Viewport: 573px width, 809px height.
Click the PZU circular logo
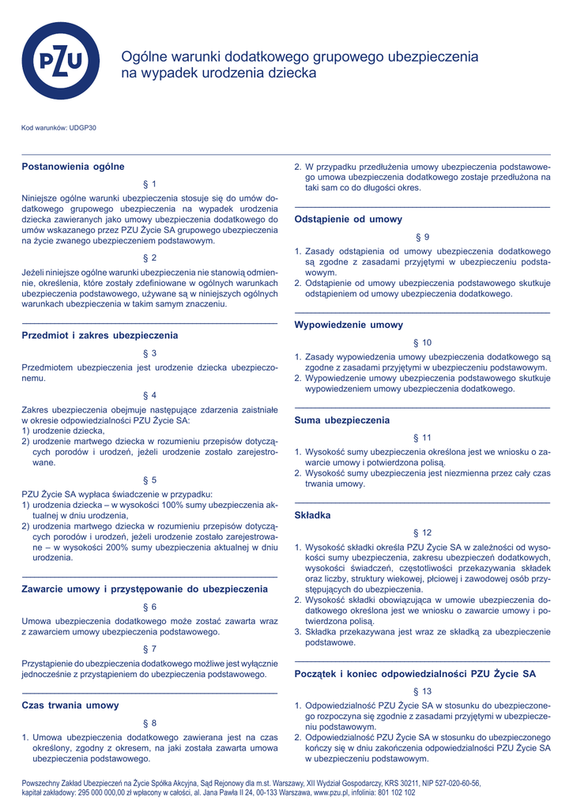click(61, 61)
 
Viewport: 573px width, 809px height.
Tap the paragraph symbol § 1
click(149, 183)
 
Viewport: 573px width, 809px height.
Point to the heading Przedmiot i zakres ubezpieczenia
click(100, 336)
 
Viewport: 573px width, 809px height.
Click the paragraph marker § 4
click(149, 394)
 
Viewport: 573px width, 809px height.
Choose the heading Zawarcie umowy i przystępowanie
click(145, 589)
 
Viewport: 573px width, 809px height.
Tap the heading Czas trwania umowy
click(70, 705)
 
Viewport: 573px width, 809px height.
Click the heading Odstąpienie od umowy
click(349, 219)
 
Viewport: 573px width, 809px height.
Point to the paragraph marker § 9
click(422, 237)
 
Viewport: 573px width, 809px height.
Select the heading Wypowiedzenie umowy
click(349, 325)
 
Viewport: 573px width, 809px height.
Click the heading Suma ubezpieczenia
click(342, 420)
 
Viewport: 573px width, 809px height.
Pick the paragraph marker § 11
click(422, 438)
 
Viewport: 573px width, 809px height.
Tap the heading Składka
click(312, 515)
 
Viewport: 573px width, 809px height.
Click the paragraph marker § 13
click(422, 691)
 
